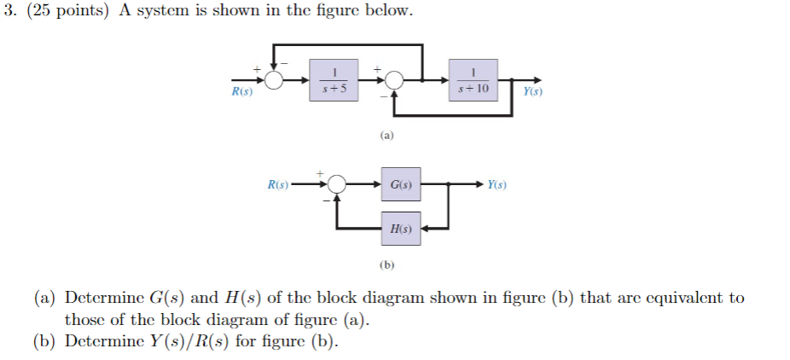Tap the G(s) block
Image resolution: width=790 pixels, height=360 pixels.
[x=401, y=184]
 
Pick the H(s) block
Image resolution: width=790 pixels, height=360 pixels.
[x=401, y=229]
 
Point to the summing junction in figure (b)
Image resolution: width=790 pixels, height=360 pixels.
[x=337, y=184]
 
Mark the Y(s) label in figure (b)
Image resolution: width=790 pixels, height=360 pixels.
[x=497, y=184]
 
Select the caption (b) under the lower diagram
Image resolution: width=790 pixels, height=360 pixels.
[x=386, y=265]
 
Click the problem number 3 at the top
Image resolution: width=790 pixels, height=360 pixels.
[x=8, y=12]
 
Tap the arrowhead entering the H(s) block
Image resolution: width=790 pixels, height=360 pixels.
[x=428, y=229]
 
